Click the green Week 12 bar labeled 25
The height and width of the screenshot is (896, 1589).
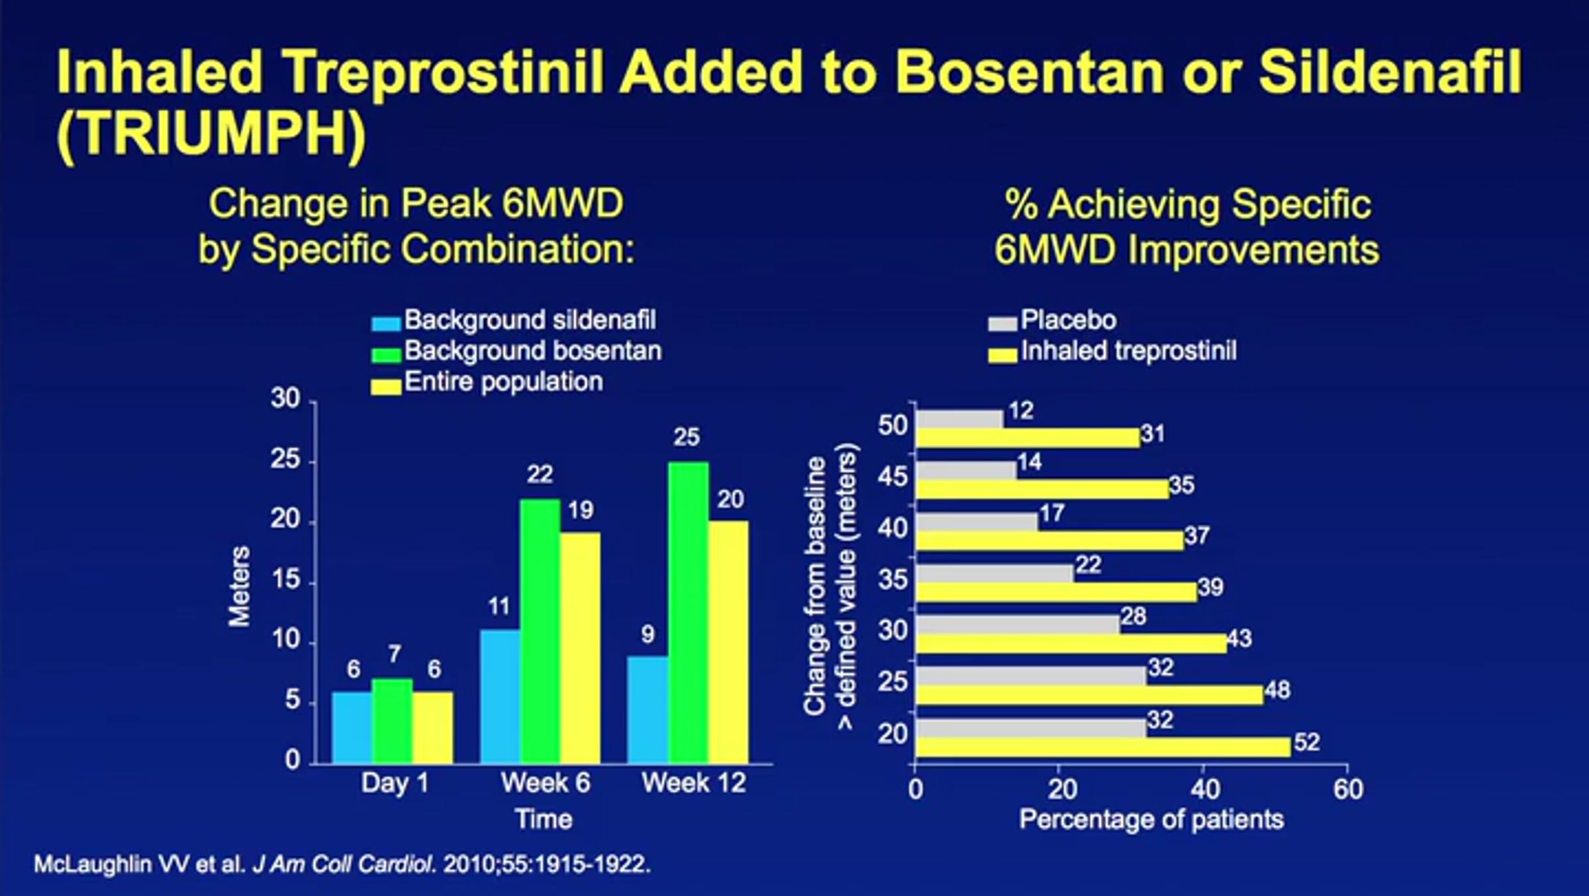688,613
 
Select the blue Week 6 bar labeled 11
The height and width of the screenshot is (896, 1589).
501,697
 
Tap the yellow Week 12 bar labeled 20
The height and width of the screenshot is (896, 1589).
728,642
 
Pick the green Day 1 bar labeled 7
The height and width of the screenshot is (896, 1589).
393,721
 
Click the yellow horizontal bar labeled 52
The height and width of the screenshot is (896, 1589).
1103,746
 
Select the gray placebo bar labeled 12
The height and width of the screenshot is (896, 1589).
959,419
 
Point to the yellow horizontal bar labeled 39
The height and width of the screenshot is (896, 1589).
1056,591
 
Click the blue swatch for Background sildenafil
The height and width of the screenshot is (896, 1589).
386,323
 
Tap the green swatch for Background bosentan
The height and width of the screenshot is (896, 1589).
386,354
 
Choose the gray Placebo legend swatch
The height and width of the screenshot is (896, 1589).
1002,323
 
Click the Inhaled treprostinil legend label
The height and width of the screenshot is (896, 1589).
1128,351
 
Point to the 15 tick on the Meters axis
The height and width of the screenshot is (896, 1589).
285,581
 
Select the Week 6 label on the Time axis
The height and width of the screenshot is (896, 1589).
545,783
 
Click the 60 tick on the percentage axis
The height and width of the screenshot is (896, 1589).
1348,789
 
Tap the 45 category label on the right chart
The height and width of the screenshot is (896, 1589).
892,476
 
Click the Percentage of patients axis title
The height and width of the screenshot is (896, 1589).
1151,820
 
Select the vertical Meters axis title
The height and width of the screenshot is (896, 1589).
240,585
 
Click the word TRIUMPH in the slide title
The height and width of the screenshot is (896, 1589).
211,133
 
